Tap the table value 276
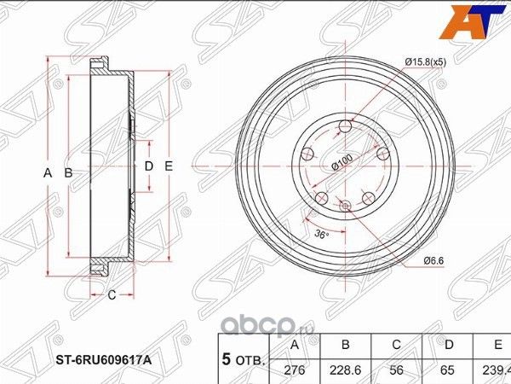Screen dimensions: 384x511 coord(295,371)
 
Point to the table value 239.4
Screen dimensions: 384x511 coord(496,371)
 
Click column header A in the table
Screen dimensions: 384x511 coord(295,346)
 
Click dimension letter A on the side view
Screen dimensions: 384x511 coord(49,173)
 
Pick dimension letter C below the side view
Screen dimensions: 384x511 coord(112,295)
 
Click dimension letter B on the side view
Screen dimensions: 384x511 coord(68,173)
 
